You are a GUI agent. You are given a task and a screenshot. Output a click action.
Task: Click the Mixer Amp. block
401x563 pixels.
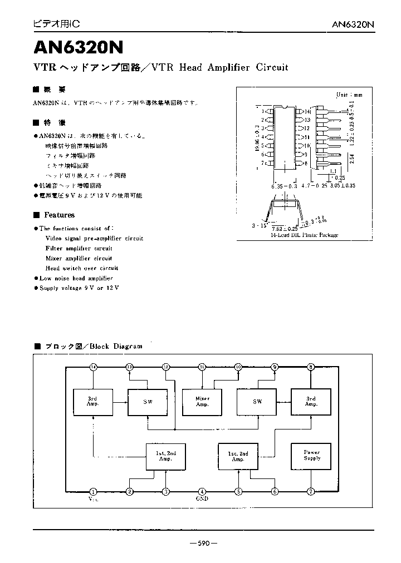click(202, 402)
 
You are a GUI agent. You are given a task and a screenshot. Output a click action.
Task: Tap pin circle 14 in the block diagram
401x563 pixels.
click(93, 367)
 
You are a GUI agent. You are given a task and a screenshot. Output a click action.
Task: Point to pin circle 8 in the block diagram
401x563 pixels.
click(311, 367)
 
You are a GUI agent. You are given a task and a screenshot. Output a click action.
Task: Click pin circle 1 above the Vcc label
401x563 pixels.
click(93, 492)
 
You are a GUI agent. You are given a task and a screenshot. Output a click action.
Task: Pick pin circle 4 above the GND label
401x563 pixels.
click(202, 492)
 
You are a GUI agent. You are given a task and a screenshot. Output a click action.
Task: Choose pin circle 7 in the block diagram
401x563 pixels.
click(311, 492)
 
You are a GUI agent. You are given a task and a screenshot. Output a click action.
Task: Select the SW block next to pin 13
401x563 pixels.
click(148, 402)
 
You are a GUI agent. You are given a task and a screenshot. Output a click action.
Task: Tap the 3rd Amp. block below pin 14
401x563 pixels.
click(93, 402)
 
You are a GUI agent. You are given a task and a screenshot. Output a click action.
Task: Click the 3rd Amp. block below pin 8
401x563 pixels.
click(311, 402)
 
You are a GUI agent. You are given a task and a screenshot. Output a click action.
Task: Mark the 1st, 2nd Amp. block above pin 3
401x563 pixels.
click(166, 456)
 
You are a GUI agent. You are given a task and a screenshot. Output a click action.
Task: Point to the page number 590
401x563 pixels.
click(203, 544)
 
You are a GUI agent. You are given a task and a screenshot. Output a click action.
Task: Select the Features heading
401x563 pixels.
click(59, 215)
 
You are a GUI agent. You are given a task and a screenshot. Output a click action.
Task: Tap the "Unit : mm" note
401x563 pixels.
click(349, 95)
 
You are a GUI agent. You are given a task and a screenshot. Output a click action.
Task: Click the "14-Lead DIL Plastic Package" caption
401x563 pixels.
click(304, 235)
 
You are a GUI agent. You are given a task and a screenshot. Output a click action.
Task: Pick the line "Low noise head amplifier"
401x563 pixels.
click(76, 278)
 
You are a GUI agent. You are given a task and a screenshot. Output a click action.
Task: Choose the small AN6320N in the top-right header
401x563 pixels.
click(353, 24)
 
